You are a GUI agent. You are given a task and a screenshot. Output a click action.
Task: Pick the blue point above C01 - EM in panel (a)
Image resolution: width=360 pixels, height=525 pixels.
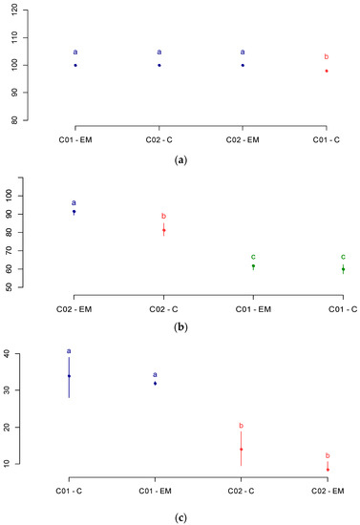coord(75,65)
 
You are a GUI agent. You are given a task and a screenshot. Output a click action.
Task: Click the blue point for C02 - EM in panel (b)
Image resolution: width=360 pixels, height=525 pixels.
coord(74,212)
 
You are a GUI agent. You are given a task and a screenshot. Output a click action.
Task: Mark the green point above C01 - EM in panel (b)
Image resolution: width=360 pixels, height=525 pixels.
coord(253,266)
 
